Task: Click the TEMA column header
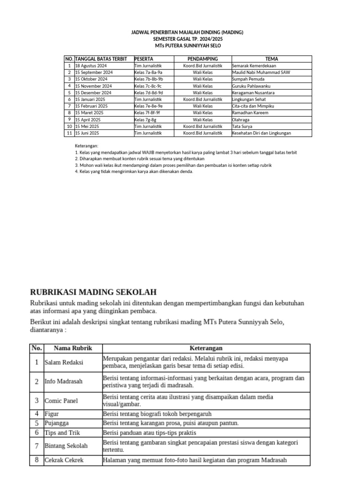271,59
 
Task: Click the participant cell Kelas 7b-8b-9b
148,79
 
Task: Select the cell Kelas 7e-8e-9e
148,106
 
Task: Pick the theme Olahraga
241,120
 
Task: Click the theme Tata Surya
242,127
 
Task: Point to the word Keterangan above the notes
87,146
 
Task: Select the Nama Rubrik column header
73,348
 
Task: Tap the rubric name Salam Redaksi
64,362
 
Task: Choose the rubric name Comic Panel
61,401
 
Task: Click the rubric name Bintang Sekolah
66,445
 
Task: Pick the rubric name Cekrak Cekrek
64,460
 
